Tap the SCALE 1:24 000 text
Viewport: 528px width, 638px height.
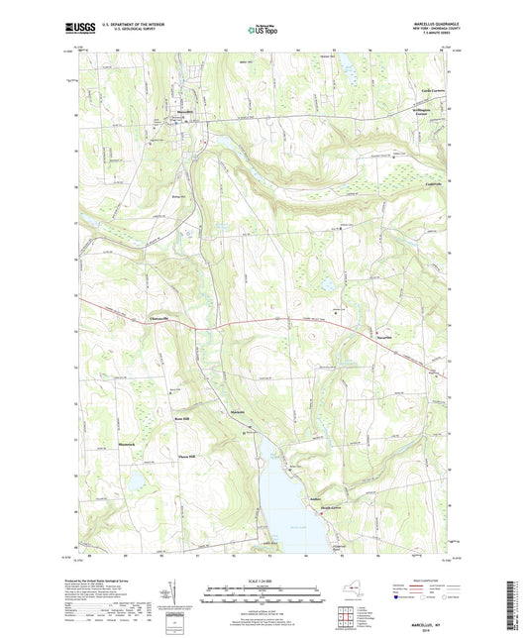[263, 578]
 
